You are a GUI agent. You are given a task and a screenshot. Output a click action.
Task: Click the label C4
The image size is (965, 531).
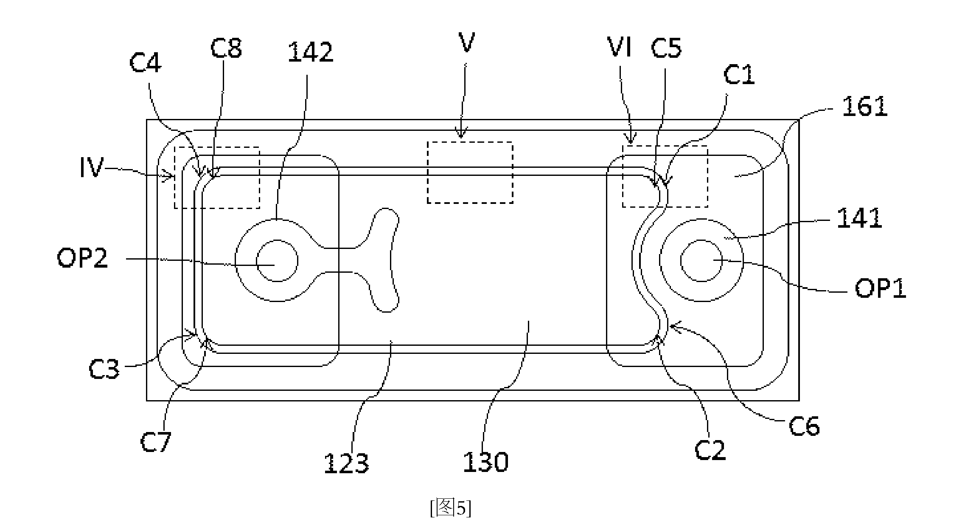point(145,64)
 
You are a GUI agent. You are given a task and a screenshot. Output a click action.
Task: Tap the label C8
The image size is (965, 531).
point(226,48)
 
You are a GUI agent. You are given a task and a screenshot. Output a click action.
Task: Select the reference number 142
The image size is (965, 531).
point(311,52)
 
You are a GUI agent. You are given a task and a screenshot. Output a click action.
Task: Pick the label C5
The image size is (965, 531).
point(666,48)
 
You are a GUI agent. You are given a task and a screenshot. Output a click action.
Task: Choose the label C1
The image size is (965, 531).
point(739,75)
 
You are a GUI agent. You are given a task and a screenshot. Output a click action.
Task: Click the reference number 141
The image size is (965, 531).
point(859,219)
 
